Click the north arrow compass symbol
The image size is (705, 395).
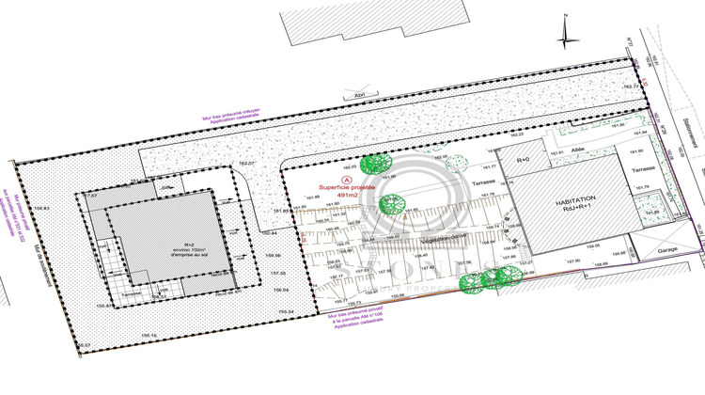(564, 34)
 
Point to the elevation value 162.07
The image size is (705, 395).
(247, 165)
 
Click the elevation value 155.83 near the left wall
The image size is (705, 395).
(41, 208)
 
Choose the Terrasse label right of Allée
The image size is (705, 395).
(644, 168)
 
